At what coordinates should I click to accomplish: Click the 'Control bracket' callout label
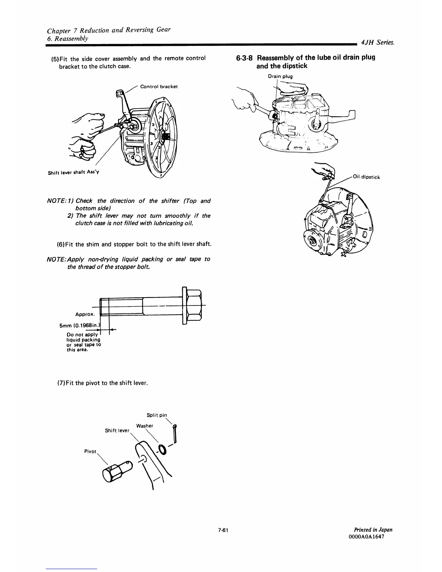point(159,87)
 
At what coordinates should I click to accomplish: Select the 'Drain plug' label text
point(280,76)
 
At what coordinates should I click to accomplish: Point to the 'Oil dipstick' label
point(366,177)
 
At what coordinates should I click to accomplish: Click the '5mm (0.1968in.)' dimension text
point(79,326)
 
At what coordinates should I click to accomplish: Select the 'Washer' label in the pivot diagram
point(144,426)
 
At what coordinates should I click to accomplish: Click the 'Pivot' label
point(90,452)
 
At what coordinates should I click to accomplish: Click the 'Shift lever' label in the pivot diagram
point(117,430)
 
